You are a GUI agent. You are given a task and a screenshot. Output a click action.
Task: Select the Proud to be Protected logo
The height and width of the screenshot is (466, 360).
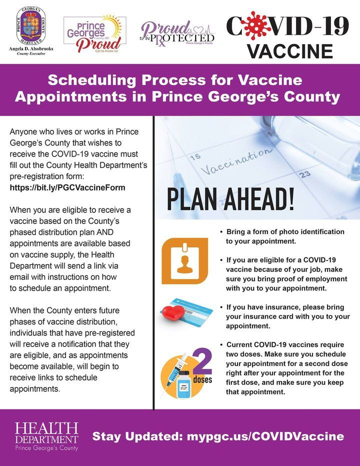[x=177, y=33]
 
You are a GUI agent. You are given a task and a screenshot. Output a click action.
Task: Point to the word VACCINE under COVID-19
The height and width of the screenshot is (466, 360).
[x=290, y=50]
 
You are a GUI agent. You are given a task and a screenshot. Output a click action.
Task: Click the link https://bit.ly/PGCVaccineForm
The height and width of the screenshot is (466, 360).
[x=67, y=187]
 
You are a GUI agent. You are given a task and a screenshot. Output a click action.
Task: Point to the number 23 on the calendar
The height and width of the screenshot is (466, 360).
[x=305, y=174]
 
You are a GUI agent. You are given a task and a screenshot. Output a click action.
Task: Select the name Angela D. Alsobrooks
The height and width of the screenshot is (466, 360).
[x=31, y=50]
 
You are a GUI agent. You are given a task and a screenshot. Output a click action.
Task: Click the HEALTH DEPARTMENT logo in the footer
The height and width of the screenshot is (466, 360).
[x=46, y=436]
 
